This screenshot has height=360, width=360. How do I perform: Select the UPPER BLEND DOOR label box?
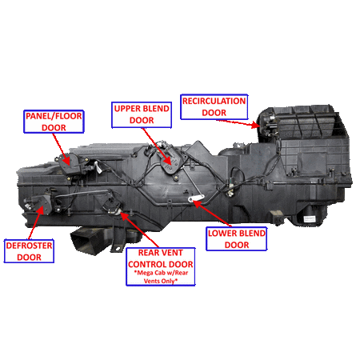(x=142, y=114)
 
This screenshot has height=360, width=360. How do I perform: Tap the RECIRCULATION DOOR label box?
(x=214, y=107)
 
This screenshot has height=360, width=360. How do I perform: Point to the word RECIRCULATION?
(x=214, y=102)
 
